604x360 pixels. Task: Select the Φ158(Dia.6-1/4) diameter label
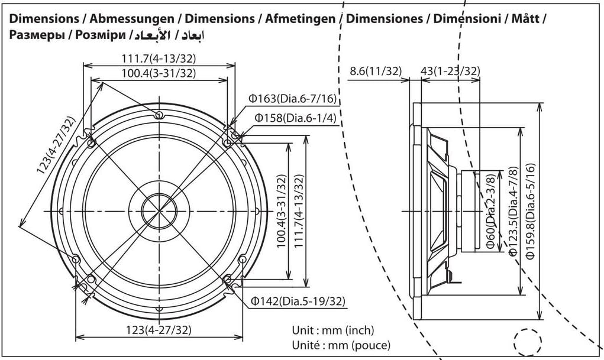click(295, 118)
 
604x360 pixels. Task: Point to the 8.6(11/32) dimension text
click(376, 72)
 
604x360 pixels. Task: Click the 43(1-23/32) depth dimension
click(450, 72)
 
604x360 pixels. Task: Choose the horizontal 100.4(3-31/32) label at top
click(159, 73)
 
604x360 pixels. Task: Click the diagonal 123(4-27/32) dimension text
click(56, 154)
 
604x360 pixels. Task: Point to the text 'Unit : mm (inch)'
click(333, 330)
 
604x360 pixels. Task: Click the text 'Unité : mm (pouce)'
click(341, 344)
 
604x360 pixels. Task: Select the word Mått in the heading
click(527, 19)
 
